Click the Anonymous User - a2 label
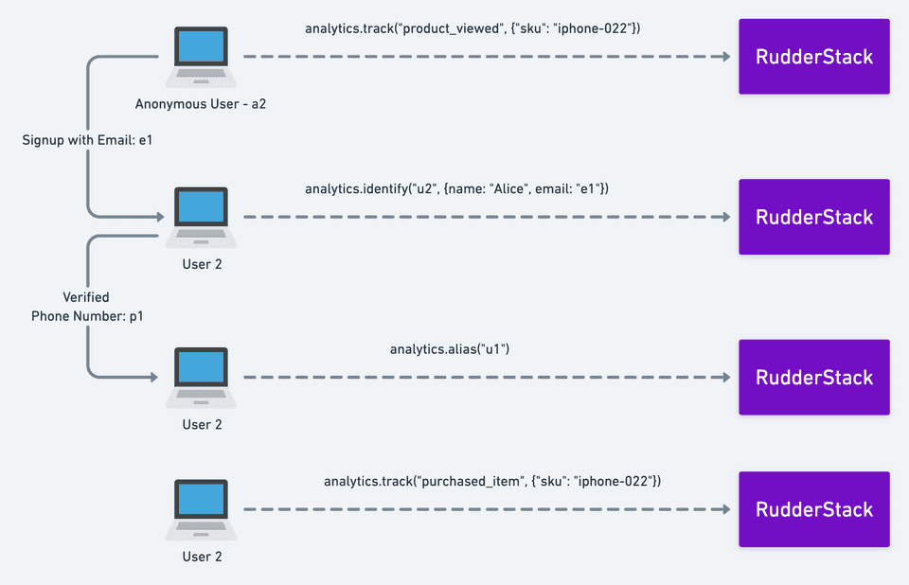[x=201, y=103]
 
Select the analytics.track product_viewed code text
[x=472, y=28]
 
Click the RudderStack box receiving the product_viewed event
[x=813, y=57]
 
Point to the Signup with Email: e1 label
[x=88, y=140]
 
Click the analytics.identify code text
[x=456, y=189]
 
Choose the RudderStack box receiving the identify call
[x=813, y=217]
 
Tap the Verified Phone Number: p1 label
[x=86, y=307]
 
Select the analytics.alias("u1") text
[x=450, y=349]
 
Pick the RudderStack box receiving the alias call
[x=813, y=377]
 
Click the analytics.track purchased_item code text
[x=492, y=482]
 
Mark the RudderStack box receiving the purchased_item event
[x=813, y=509]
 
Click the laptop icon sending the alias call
[x=201, y=377]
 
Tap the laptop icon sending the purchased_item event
[x=201, y=509]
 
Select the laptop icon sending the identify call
[x=201, y=217]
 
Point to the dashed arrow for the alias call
[x=487, y=377]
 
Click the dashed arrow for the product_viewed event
[x=487, y=57]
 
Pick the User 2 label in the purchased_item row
[x=202, y=557]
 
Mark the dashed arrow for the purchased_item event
[x=487, y=509]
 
